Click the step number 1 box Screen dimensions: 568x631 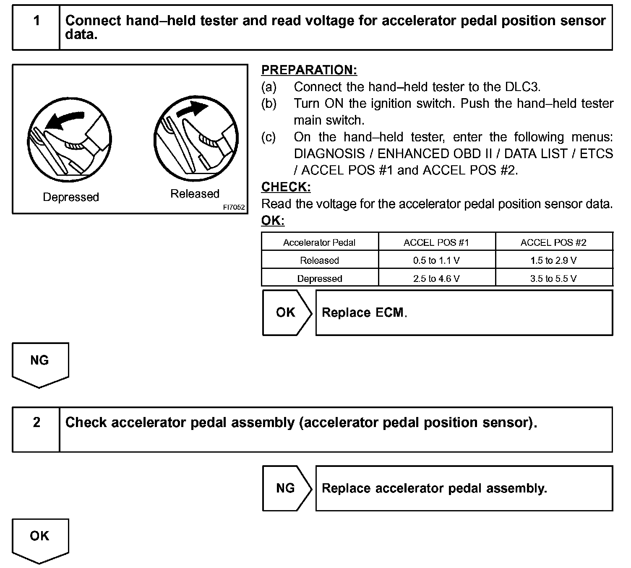[x=37, y=28]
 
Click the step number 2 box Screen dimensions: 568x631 [x=37, y=429]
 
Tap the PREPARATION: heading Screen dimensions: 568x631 [x=309, y=70]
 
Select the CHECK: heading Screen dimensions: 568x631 [x=286, y=187]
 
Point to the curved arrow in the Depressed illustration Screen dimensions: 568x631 [x=64, y=118]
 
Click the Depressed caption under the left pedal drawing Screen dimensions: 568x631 [x=71, y=197]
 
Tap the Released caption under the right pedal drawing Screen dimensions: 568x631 [x=195, y=194]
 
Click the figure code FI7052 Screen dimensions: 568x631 [x=234, y=207]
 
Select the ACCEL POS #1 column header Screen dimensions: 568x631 [x=436, y=242]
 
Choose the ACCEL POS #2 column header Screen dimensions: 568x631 [x=553, y=242]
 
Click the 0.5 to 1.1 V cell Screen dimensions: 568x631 [x=436, y=261]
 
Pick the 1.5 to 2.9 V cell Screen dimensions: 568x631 [x=553, y=261]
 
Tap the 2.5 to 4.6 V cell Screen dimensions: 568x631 [x=436, y=279]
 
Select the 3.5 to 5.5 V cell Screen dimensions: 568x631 [x=553, y=279]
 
